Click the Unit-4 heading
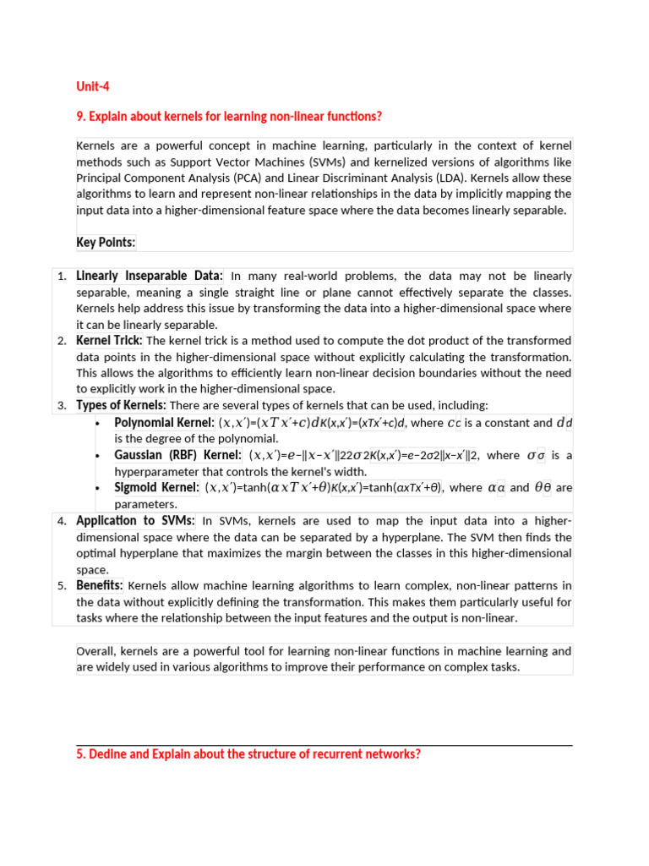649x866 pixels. pos(93,86)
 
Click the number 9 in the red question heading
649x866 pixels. pos(79,116)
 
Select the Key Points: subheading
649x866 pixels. pos(106,243)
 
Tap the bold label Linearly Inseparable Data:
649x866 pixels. pos(150,276)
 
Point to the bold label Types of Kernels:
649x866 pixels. pos(121,405)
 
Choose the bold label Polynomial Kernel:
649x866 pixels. pos(164,422)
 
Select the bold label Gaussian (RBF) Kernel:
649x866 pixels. pos(177,455)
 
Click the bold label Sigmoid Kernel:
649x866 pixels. pos(156,487)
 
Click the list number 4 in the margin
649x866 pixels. pos(62,521)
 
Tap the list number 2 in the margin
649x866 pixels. pos(62,341)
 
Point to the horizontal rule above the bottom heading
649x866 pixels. pos(324,745)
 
